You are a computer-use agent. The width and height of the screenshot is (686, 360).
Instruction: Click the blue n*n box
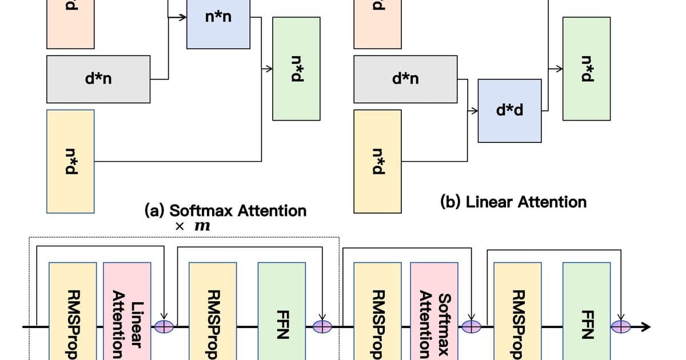point(218,23)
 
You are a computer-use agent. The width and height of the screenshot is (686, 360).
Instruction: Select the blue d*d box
point(509,111)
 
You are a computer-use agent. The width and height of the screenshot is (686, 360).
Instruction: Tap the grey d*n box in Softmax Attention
point(99,79)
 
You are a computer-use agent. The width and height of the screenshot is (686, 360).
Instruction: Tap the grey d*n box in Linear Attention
point(405,79)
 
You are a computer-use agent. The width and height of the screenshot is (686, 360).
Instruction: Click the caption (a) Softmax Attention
point(226,210)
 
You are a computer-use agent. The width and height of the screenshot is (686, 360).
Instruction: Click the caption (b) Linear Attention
point(513,202)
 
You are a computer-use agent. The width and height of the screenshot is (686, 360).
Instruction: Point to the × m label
point(193,226)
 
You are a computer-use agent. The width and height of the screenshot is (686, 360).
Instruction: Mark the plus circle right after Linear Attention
point(164,326)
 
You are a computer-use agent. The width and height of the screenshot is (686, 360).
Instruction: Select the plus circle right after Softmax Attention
point(472,326)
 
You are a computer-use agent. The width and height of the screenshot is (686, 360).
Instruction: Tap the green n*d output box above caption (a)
point(296,69)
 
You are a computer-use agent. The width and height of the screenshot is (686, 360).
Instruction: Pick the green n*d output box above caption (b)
point(586,69)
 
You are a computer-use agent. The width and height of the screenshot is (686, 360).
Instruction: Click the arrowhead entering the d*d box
point(474,110)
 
